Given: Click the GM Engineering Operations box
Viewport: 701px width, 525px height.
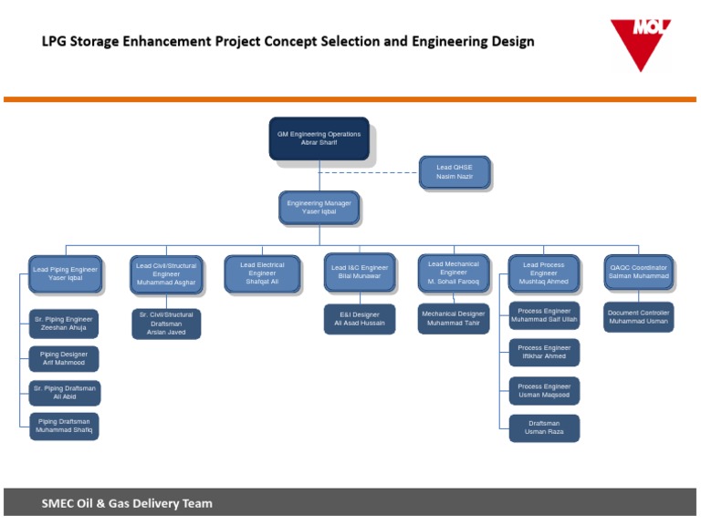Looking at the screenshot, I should pos(319,138).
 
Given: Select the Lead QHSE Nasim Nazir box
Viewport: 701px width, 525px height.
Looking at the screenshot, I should pos(455,172).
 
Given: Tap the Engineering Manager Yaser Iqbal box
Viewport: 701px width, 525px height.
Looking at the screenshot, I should pos(319,207).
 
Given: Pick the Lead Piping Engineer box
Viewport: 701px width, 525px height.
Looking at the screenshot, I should pos(65,273).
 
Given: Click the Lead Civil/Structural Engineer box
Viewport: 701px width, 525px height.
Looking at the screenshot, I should pos(166,274).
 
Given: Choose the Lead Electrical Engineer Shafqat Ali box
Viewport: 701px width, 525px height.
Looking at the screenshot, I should pos(262,274).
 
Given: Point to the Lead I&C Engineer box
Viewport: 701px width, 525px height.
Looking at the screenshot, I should pos(360,273).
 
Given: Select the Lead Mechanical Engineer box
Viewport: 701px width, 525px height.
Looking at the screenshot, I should pos(454,273).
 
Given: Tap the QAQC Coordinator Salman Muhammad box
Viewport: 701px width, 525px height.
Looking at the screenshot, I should pos(639,273).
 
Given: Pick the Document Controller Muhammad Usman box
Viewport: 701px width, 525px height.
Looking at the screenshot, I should pos(639,317).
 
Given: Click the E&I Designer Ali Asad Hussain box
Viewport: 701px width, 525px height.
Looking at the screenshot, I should pos(360,319).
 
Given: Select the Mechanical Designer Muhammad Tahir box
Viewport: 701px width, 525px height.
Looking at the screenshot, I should pos(454,318).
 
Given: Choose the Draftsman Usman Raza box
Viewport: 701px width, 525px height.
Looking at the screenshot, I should pos(544,427).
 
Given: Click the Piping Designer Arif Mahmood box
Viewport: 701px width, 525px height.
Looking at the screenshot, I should pos(65,358).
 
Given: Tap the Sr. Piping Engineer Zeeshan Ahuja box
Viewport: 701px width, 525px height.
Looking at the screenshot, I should pos(65,324).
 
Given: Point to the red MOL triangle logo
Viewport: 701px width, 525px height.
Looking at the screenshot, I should pos(641,42).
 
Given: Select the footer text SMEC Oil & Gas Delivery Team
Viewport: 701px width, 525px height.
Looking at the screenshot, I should pos(127,503).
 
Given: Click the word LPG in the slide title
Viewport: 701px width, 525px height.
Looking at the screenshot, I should pos(58,41).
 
